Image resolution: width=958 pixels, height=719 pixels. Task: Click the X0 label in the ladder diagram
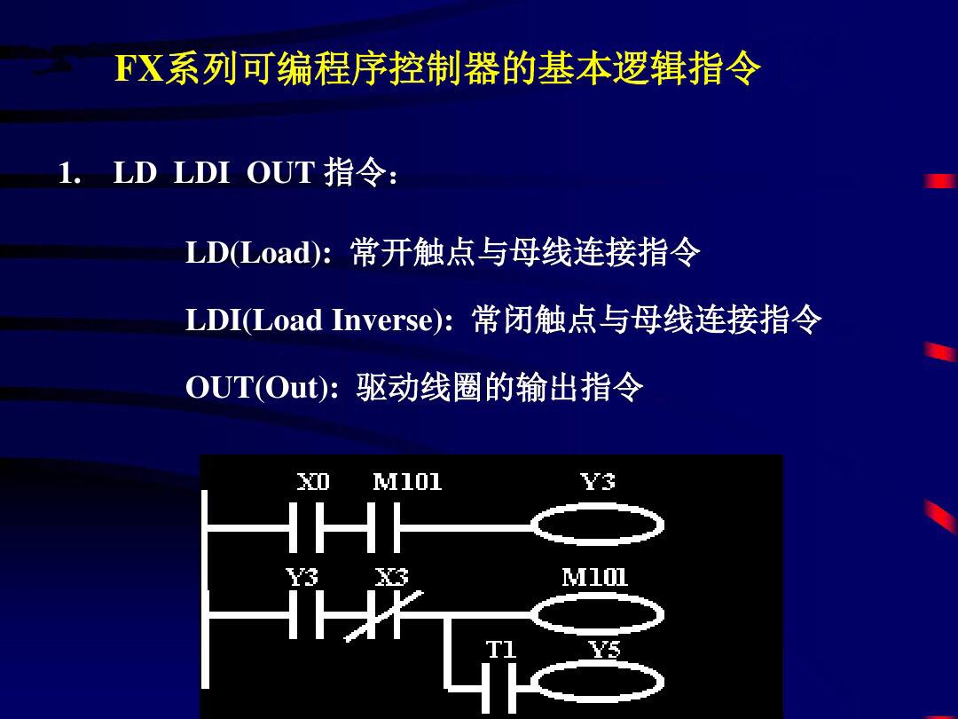pyautogui.click(x=313, y=482)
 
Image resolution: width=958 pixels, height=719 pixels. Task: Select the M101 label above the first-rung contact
pyautogui.click(x=407, y=482)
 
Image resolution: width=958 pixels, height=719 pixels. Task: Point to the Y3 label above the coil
pyautogui.click(x=597, y=482)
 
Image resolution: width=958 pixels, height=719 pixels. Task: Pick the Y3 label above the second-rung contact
pyautogui.click(x=302, y=578)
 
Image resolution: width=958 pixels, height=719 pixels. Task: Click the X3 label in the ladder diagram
pyautogui.click(x=391, y=578)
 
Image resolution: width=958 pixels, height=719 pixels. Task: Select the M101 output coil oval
pyautogui.click(x=597, y=613)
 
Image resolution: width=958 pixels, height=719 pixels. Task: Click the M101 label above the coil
pyautogui.click(x=594, y=578)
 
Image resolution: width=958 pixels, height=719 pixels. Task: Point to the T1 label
pyautogui.click(x=500, y=650)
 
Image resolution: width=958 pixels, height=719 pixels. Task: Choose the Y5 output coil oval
pyautogui.click(x=597, y=684)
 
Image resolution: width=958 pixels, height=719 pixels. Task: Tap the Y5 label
pyautogui.click(x=605, y=650)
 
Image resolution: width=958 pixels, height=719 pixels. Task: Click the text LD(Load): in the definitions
pyautogui.click(x=258, y=254)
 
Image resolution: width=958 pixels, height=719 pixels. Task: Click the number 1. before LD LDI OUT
pyautogui.click(x=69, y=173)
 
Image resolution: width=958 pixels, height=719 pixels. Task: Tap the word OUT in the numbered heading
pyautogui.click(x=280, y=173)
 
